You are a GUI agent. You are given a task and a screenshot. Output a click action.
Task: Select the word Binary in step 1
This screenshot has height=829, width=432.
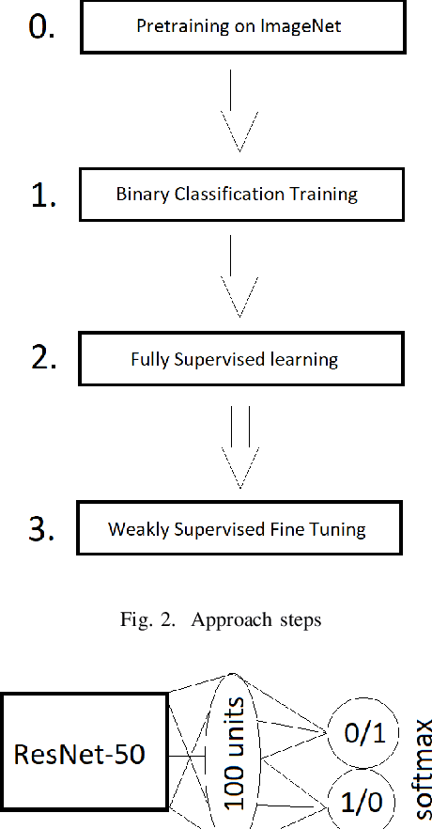[x=138, y=196]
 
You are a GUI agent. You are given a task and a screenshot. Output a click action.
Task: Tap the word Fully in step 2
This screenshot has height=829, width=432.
[x=154, y=360]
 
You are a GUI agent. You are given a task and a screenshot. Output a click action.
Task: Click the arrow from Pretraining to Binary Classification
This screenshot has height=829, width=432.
[x=238, y=113]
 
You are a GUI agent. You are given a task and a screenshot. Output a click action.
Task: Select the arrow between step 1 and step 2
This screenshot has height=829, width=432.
[x=238, y=278]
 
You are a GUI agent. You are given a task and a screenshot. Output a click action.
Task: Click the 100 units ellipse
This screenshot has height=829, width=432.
[x=238, y=751]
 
